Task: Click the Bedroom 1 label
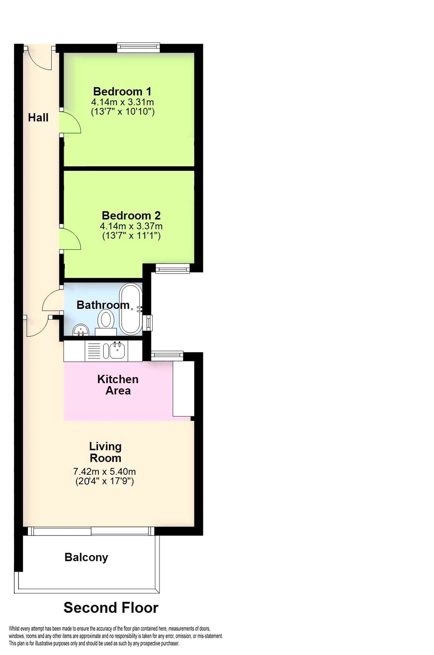(x=122, y=91)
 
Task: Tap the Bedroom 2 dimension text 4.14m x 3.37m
(x=131, y=226)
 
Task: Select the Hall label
(x=38, y=118)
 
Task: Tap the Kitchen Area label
(x=118, y=385)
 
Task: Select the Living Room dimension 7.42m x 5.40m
(x=104, y=472)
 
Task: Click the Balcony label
(x=86, y=557)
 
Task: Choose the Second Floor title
(x=111, y=608)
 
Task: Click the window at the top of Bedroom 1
(x=138, y=47)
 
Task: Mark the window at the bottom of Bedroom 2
(x=173, y=269)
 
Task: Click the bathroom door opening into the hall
(x=52, y=301)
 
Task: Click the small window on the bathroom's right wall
(x=149, y=323)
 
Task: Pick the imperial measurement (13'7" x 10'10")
(x=122, y=111)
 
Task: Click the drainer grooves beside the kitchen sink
(x=94, y=351)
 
